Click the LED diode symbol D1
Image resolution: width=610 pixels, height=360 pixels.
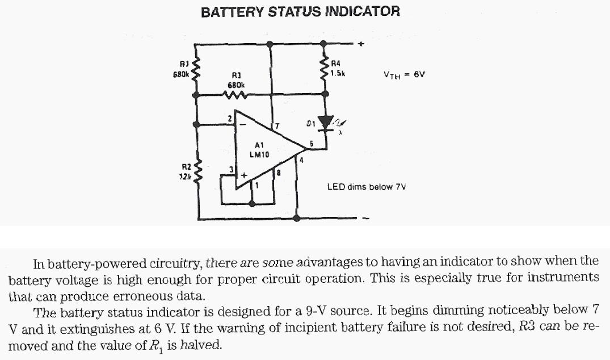(x=326, y=122)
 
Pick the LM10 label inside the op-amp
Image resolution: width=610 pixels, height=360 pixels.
(x=259, y=153)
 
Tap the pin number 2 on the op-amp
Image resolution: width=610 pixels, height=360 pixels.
(x=229, y=118)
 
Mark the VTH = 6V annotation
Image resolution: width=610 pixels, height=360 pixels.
(x=404, y=74)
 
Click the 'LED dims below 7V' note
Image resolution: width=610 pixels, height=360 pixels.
(x=367, y=186)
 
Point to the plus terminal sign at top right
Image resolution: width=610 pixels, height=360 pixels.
(x=360, y=43)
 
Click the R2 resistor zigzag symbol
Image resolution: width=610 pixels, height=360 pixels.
(x=198, y=170)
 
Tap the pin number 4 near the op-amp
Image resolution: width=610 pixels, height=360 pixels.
(x=302, y=161)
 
